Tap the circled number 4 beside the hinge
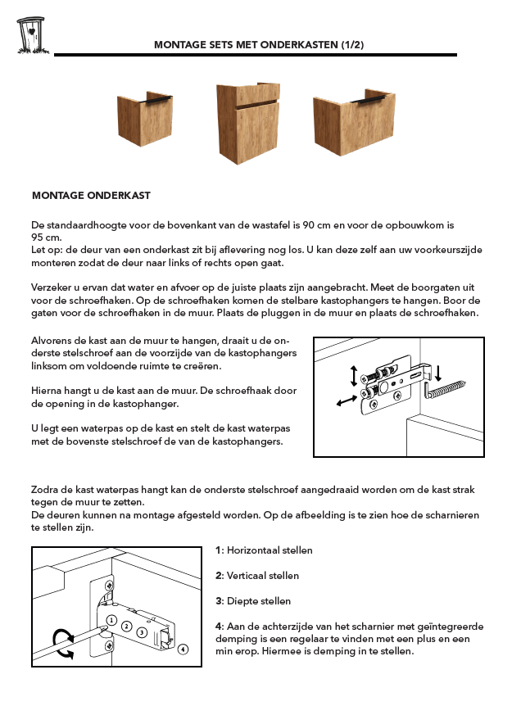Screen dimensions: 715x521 (183, 649)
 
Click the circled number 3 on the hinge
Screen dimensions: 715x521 (142, 631)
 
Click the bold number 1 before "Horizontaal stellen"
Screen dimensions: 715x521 (218, 550)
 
